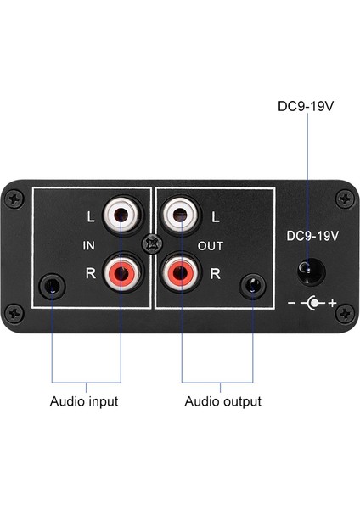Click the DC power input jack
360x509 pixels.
310,271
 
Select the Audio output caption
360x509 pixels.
222,401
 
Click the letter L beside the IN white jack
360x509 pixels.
91,215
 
